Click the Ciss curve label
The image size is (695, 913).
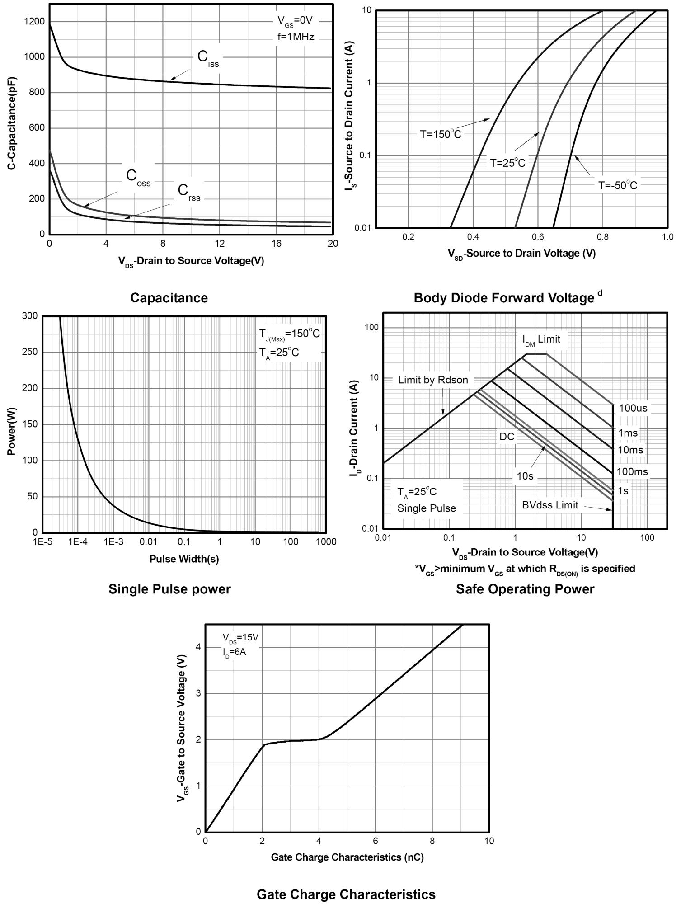coord(207,58)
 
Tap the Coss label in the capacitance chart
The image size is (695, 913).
coord(137,177)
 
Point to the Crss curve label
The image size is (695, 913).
coord(188,192)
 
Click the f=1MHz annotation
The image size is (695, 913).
coord(296,37)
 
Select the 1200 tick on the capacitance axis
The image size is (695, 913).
coord(35,21)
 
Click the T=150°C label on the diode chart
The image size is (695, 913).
coord(441,134)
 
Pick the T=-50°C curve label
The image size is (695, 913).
coord(617,185)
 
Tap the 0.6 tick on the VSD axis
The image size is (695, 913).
coord(538,237)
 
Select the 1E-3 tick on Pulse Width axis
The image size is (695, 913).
coord(113,542)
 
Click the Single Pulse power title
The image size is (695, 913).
coord(169,589)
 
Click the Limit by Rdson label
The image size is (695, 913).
coord(433,380)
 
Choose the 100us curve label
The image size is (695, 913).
coord(633,408)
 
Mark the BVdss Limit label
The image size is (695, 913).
coord(550,505)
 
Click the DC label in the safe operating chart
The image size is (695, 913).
coord(507,437)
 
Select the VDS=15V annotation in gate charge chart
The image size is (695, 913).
coord(240,637)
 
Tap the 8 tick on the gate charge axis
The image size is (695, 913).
coord(432,841)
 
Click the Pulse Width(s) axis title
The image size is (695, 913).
coord(184,559)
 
